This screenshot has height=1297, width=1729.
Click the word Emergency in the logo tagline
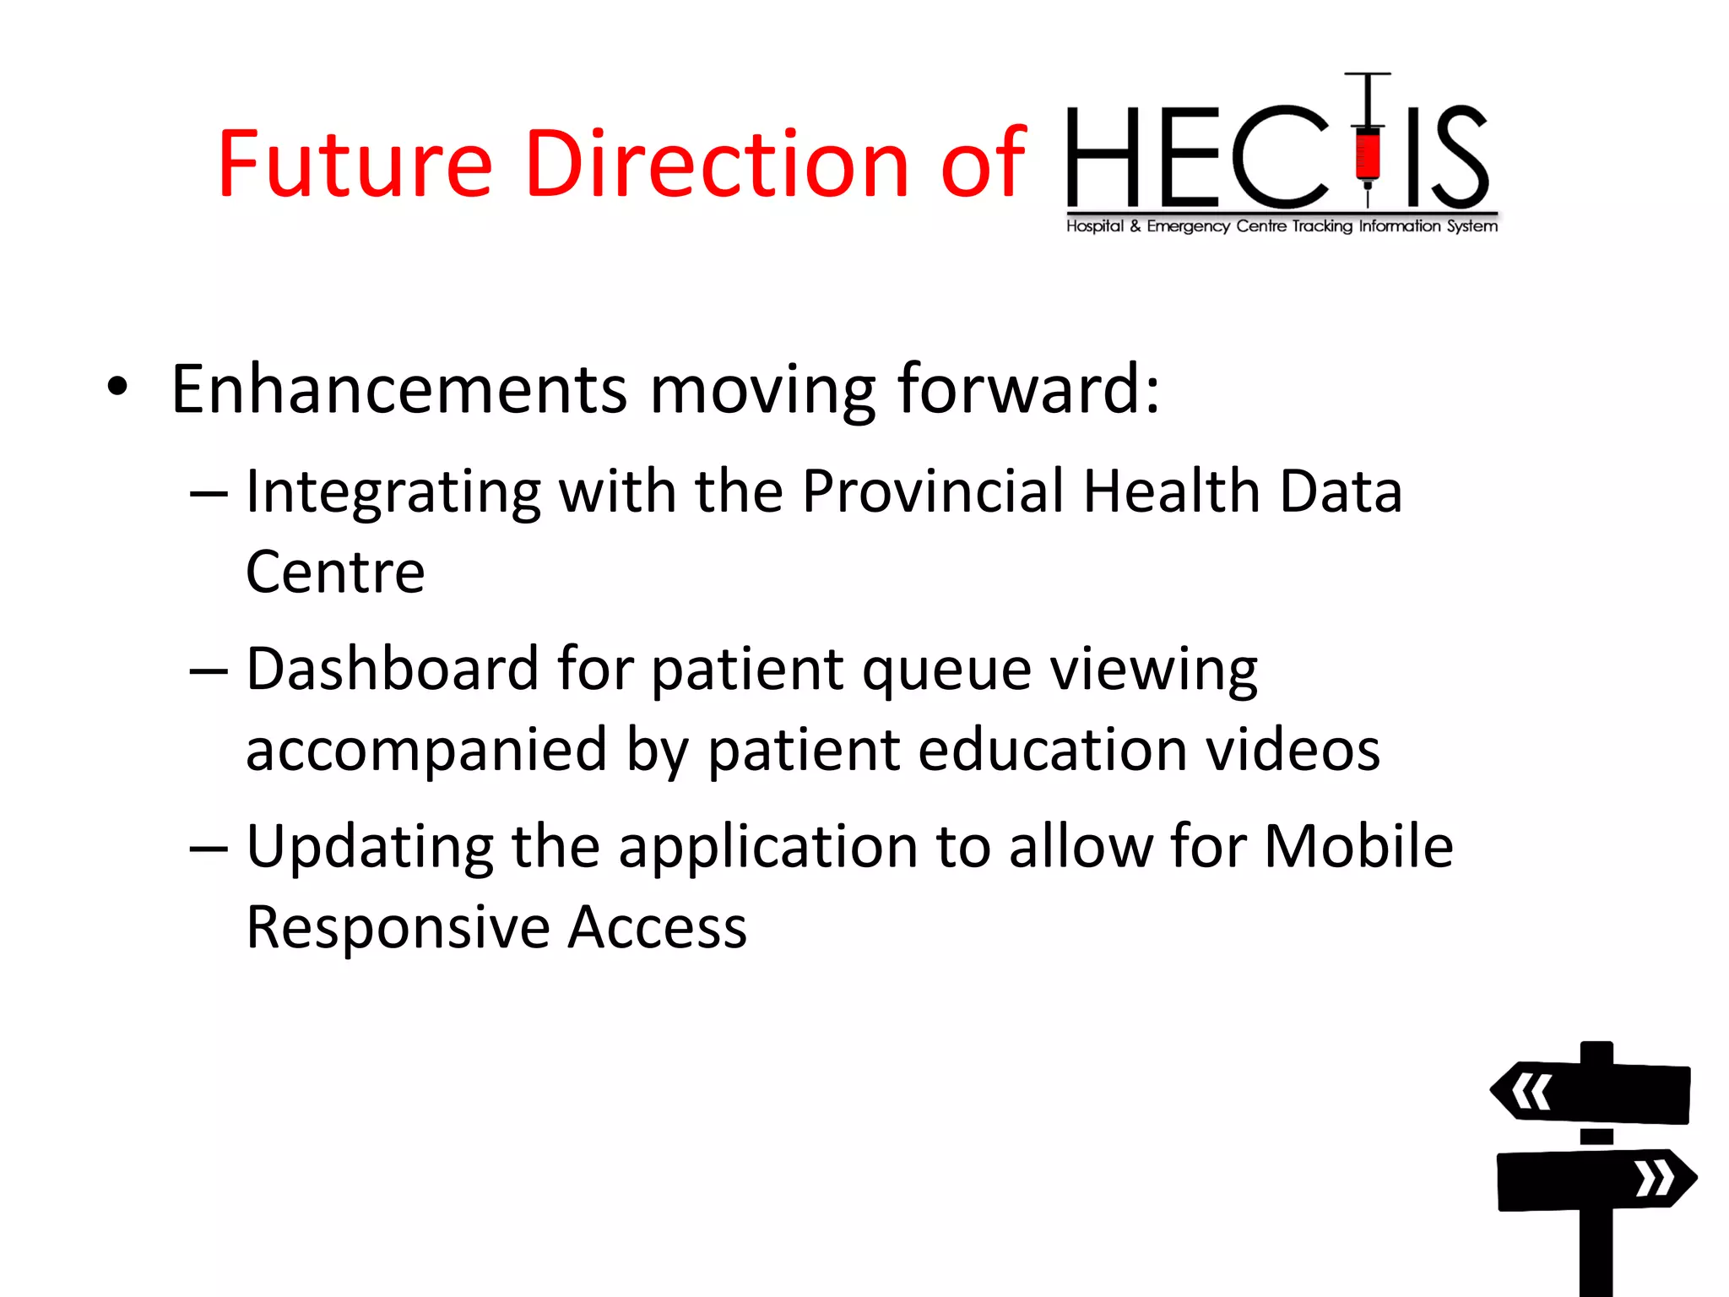1188,226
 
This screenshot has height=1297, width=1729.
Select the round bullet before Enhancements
117,388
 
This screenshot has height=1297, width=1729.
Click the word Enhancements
398,389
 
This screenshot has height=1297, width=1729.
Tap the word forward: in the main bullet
1028,389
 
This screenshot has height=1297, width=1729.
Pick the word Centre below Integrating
335,573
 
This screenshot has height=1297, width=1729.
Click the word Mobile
1358,846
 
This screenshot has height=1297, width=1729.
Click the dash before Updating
209,848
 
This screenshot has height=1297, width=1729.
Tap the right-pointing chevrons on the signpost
1655,1179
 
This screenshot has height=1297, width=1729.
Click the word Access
657,927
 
